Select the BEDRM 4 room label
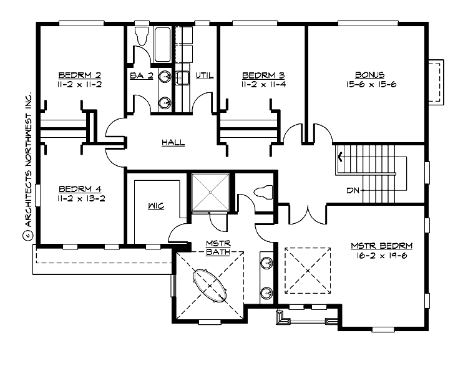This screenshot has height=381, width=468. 80,188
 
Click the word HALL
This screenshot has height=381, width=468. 173,143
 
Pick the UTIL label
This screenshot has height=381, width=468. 205,75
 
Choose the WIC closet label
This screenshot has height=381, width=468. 156,206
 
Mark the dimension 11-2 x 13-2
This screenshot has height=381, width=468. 80,198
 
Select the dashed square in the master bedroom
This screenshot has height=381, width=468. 308,270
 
